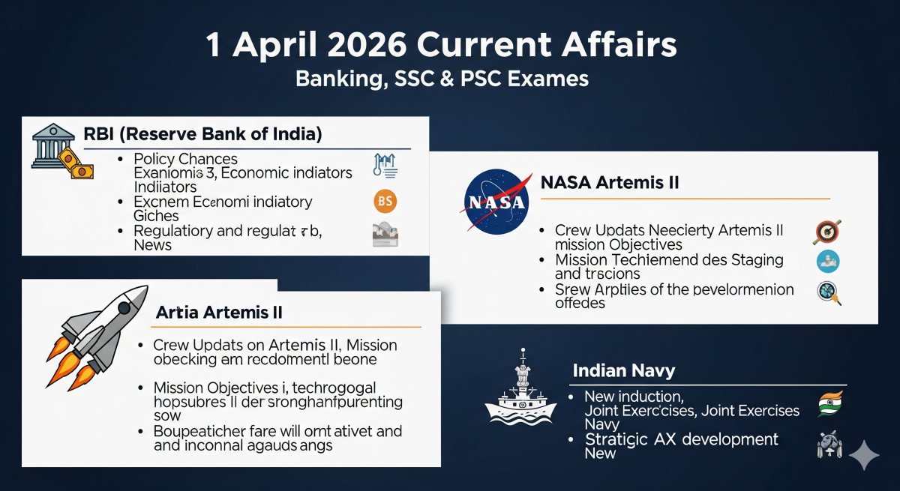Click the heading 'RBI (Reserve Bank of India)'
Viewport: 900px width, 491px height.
coord(202,135)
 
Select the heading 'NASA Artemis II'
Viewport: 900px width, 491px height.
coord(609,182)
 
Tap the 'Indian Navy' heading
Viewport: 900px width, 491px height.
coord(623,370)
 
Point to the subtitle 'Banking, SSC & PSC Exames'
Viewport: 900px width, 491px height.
coord(442,78)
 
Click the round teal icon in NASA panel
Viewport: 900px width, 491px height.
coord(827,261)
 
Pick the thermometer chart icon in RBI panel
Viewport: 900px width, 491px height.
coord(384,166)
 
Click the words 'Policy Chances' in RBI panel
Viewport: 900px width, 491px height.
coord(185,159)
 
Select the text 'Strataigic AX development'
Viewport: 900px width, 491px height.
coord(682,439)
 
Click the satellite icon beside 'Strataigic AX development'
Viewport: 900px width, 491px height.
coord(828,445)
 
